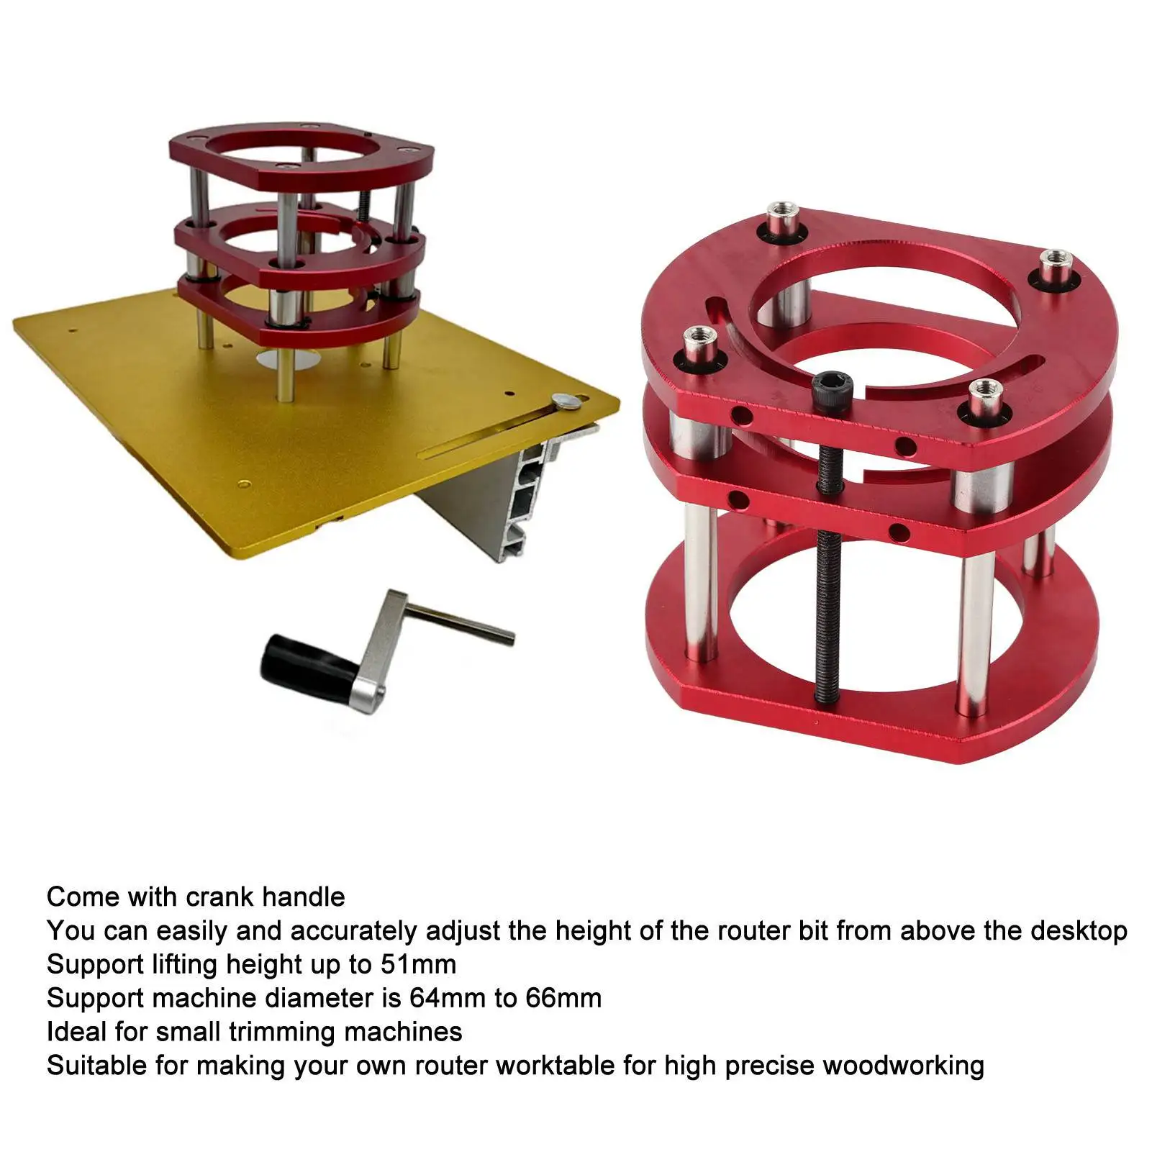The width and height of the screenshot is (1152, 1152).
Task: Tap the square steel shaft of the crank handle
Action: pyautogui.click(x=461, y=623)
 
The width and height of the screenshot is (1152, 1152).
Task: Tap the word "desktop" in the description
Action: pyautogui.click(x=1079, y=931)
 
